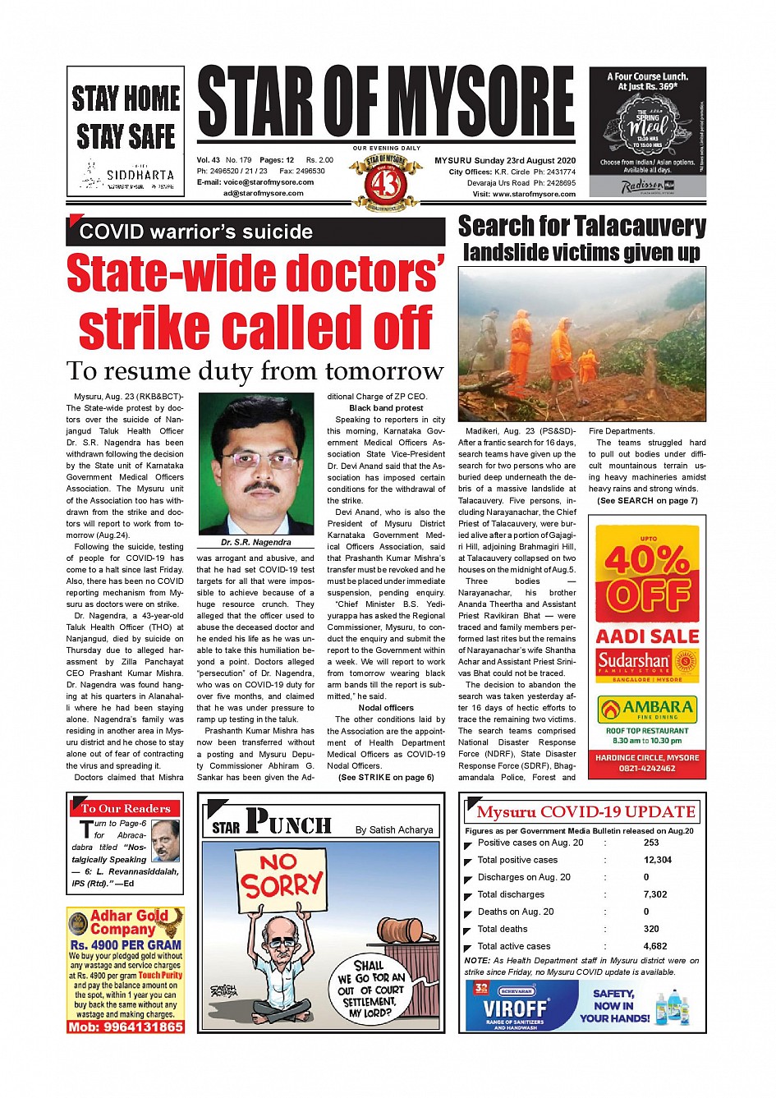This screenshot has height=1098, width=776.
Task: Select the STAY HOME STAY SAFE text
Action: coord(126,117)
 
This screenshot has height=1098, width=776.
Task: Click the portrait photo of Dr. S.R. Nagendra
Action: coord(255,466)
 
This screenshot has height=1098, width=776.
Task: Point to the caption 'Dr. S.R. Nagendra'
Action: coord(255,542)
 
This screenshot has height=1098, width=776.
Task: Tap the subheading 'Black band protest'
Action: coord(386,408)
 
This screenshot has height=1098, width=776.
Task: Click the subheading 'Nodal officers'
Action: coord(386,707)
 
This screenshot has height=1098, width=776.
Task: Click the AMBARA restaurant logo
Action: coord(647,709)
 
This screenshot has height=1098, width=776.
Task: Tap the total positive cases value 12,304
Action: coord(657,860)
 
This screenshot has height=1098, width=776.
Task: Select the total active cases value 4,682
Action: coord(655,946)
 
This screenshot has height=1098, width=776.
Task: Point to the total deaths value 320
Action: coord(651,929)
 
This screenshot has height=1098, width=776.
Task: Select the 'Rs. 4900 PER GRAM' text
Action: coord(126,945)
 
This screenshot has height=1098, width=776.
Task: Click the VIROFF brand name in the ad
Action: coord(515,1008)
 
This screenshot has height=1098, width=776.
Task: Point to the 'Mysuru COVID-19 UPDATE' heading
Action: coord(585,812)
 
